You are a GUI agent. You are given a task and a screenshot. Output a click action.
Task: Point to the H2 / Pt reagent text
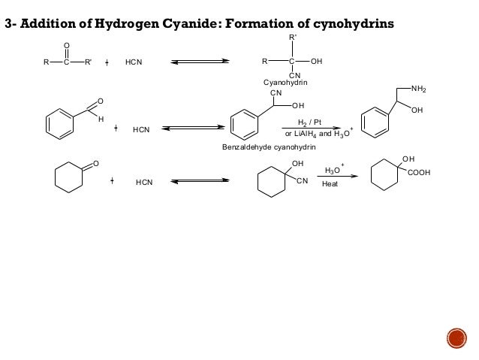pyautogui.click(x=310, y=121)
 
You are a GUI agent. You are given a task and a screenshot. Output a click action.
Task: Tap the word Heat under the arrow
pyautogui.click(x=330, y=184)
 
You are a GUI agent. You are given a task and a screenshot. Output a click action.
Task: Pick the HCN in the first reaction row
pyautogui.click(x=134, y=62)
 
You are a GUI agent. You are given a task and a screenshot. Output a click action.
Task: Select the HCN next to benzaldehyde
pyautogui.click(x=141, y=130)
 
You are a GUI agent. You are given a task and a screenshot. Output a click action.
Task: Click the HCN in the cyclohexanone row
pyautogui.click(x=145, y=182)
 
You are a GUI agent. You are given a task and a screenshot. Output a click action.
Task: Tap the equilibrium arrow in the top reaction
pyautogui.click(x=200, y=62)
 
